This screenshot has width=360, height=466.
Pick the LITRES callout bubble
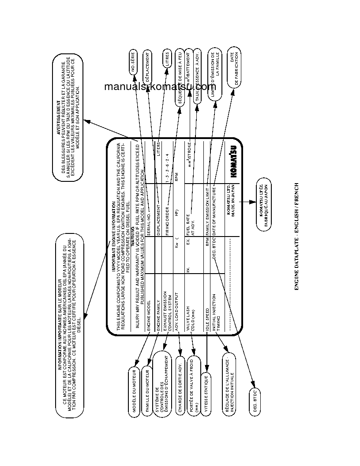[x=167, y=58]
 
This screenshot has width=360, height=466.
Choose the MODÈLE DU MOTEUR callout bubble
[x=135, y=390]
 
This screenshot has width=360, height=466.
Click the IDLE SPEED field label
[x=207, y=316]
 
